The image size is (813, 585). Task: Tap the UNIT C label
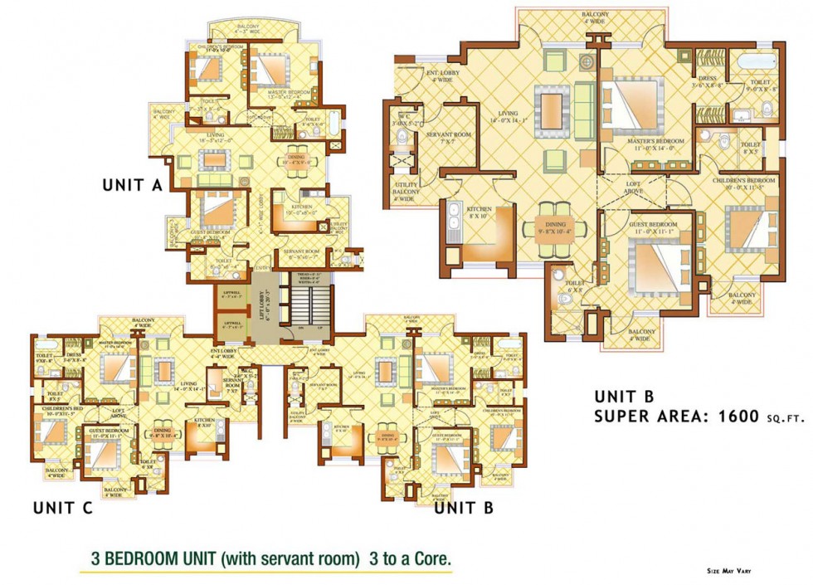61,508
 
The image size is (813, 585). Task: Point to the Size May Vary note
729,571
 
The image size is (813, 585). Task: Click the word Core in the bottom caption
429,559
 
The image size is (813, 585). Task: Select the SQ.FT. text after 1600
782,420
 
